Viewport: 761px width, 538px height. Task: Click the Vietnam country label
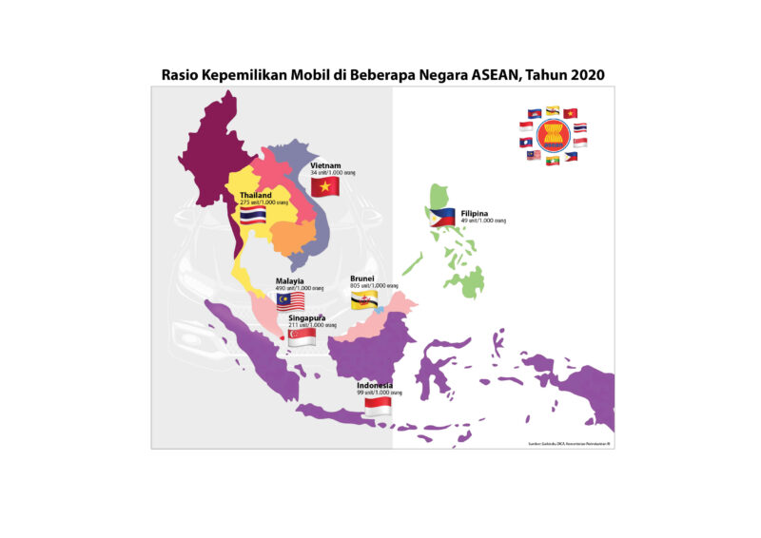click(x=325, y=164)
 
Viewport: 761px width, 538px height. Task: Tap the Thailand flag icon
click(x=252, y=217)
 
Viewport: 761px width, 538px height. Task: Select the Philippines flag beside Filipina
click(x=442, y=216)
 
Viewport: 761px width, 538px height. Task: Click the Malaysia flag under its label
click(x=290, y=301)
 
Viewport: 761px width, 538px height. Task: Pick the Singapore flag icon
click(x=302, y=337)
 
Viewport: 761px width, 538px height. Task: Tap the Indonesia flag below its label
click(x=379, y=406)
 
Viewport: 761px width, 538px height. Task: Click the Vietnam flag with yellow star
click(x=325, y=186)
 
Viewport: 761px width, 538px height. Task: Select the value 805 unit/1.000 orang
click(x=374, y=285)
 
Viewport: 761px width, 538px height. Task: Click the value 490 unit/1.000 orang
click(x=300, y=288)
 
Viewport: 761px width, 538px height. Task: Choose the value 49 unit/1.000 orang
click(x=483, y=221)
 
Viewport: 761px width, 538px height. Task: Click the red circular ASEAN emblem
click(x=554, y=134)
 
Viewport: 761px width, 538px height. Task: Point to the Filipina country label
click(x=477, y=213)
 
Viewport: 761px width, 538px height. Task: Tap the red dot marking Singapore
click(x=282, y=334)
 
